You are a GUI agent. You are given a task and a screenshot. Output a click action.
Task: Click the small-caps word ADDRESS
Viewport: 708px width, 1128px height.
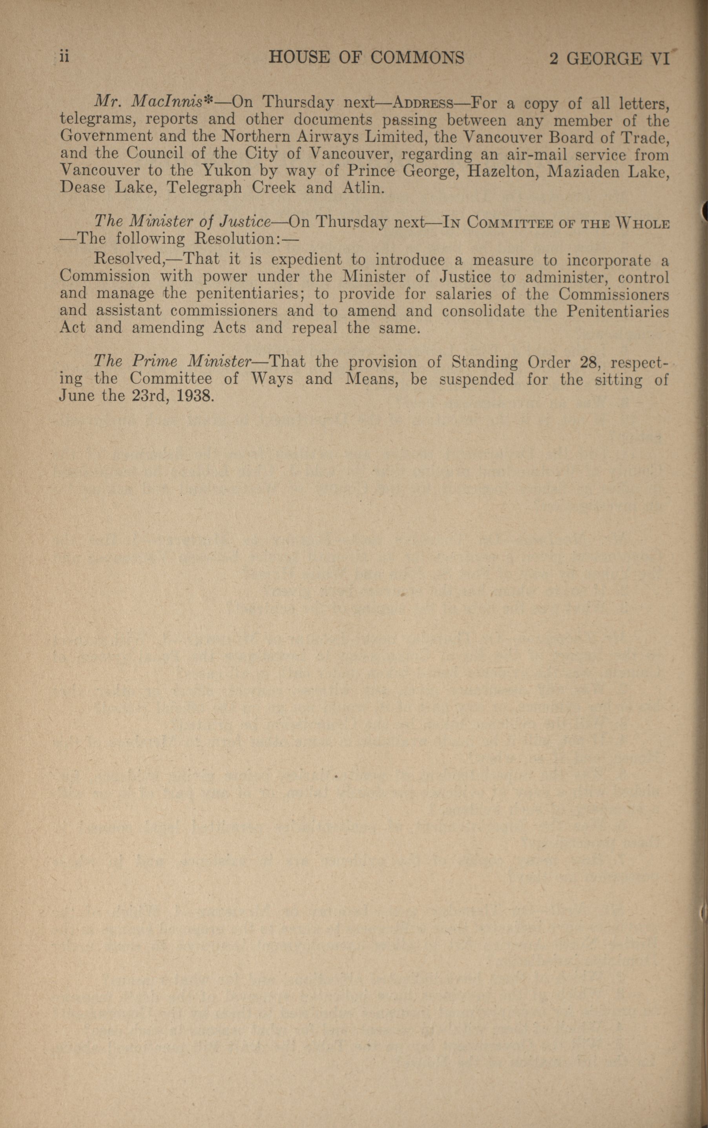[x=424, y=103]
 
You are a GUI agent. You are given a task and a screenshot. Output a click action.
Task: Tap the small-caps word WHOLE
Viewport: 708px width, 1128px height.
[x=643, y=223]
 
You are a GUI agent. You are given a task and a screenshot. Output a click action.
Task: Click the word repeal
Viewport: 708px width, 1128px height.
[x=314, y=328]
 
